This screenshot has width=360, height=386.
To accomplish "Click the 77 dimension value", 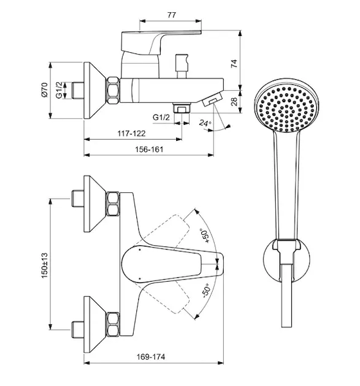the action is tap(172, 15).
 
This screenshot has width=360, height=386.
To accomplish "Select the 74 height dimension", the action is tap(234, 64).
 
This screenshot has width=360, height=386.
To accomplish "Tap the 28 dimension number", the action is tap(235, 101).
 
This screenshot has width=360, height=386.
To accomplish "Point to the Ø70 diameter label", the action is tap(44, 89).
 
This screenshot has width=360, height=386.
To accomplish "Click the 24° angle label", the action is tap(205, 122).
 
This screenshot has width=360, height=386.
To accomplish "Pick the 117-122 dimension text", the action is tap(131, 133).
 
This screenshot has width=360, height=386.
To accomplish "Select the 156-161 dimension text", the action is tap(149, 149).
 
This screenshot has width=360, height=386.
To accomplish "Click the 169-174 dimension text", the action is tap(151, 356).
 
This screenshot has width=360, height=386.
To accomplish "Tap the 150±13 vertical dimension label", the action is tap(44, 265).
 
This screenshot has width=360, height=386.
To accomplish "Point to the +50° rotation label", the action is tap(205, 235).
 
